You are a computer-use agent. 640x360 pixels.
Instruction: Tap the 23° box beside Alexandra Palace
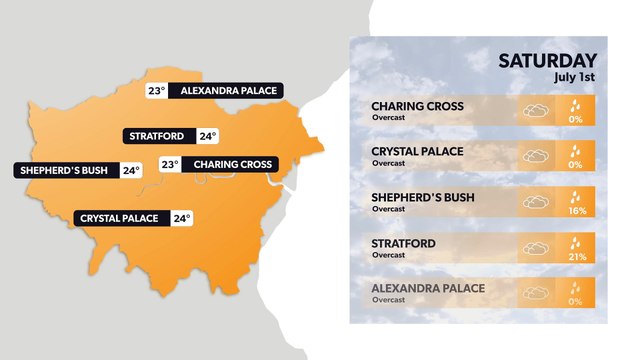coord(156,91)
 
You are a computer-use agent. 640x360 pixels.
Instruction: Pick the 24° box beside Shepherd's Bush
coord(131,170)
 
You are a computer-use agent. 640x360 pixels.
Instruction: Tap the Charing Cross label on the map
coord(232,164)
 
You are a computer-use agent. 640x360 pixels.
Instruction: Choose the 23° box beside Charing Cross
coord(169,164)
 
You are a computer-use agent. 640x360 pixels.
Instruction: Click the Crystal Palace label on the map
coord(120,218)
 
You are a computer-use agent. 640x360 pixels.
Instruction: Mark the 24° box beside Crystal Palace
coord(181,218)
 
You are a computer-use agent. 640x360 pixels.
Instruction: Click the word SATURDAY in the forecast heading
coord(548,61)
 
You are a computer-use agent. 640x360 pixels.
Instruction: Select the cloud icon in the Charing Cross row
coord(537,111)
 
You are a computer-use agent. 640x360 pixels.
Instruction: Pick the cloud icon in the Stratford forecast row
coord(537,248)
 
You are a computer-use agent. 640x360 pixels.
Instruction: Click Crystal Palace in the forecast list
coord(416,151)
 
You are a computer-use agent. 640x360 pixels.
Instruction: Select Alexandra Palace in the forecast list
coord(428,288)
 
